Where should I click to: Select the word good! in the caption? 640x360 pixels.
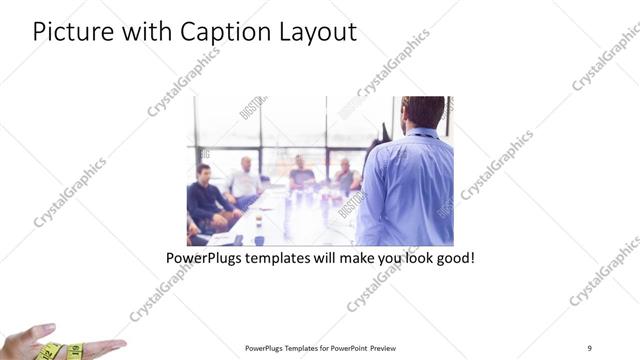452,257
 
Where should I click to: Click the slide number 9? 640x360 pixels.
589,347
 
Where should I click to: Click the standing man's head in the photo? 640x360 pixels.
424,112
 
